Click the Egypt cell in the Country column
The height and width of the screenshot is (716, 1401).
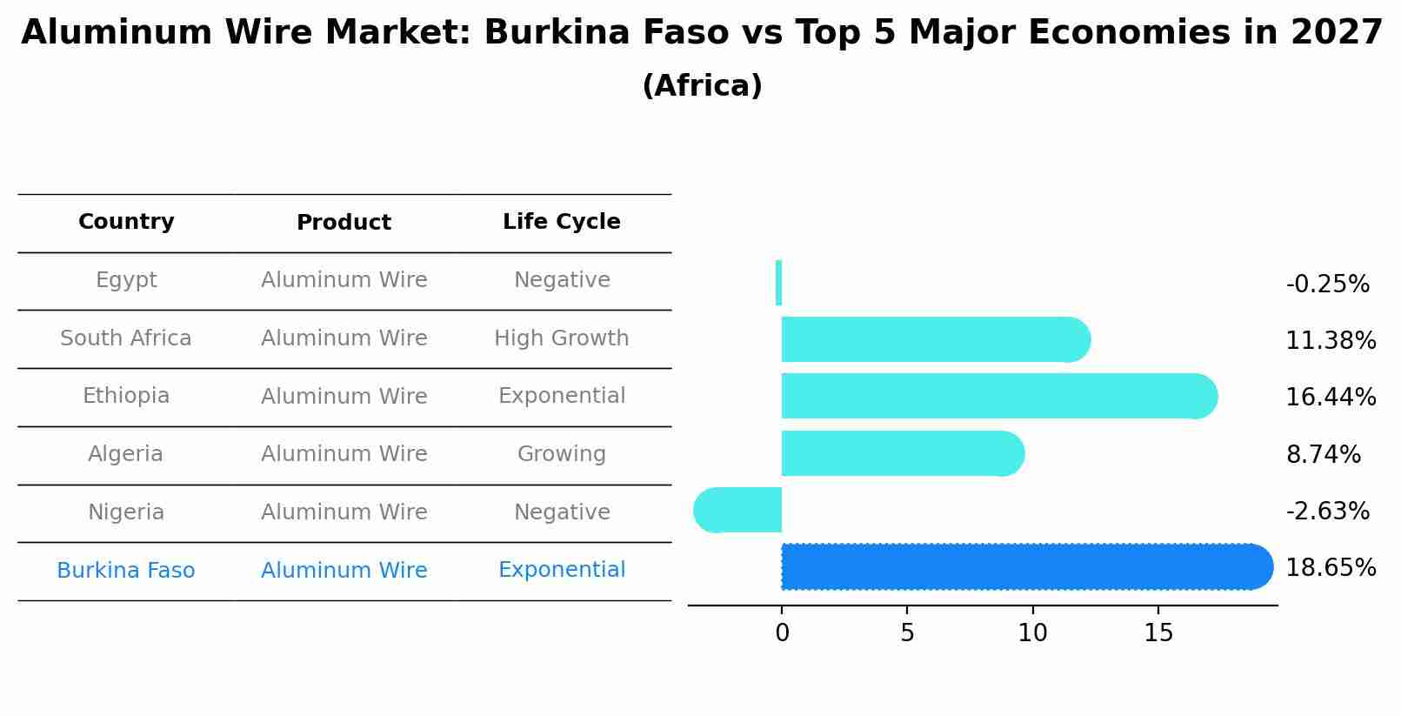pos(126,280)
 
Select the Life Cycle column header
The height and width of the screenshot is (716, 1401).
pos(561,222)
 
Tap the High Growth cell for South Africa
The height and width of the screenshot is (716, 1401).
pos(561,338)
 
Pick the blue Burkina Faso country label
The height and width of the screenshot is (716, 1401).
pos(126,571)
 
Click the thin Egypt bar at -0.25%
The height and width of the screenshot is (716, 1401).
pos(778,283)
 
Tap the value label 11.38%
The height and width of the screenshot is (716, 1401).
pos(1330,341)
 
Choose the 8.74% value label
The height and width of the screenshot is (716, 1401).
pos(1323,454)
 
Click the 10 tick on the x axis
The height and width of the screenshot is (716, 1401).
pos(1032,633)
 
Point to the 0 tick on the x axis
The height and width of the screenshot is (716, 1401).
pos(782,633)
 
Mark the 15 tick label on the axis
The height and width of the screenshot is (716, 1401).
pos(1158,633)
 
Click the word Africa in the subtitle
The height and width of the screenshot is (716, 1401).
pos(702,86)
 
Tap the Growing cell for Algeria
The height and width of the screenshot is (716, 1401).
pos(561,454)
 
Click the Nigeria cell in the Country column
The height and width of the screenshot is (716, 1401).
pos(126,512)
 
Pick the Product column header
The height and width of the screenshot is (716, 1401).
pos(344,223)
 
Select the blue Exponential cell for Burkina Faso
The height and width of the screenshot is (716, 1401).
pos(561,570)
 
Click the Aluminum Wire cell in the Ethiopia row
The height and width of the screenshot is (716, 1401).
pos(344,397)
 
